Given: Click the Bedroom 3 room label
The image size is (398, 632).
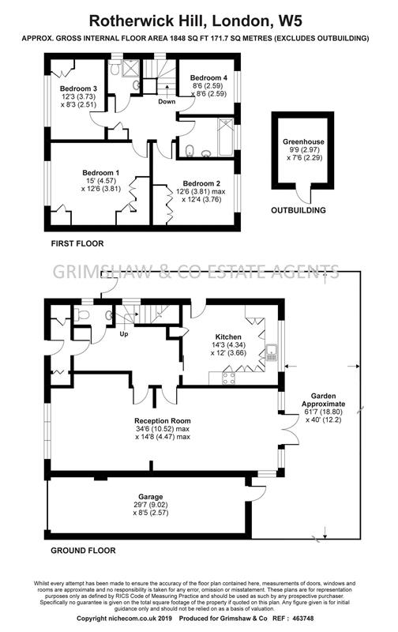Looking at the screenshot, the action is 78,88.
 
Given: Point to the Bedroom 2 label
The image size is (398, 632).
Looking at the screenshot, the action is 201,183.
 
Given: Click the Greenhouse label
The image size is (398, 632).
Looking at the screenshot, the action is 303,142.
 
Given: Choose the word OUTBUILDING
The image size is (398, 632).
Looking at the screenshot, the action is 298,210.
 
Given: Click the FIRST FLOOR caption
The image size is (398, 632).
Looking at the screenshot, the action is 77,243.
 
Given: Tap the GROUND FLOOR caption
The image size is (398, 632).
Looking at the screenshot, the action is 83,551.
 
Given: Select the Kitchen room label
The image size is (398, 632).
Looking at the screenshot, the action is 228,337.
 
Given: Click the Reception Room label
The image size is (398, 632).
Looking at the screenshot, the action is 163,421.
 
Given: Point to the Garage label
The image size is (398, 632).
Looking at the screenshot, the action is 151,497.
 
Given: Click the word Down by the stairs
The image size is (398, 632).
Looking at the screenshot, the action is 167,102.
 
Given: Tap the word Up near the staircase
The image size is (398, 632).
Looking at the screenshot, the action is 124,333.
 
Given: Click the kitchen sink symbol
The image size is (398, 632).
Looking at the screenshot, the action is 272,353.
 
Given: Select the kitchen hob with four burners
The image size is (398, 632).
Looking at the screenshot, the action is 229,378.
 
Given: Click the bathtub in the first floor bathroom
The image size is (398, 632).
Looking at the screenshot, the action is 226,137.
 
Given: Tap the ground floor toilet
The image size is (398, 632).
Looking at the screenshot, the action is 82,314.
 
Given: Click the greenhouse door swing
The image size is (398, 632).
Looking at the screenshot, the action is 304,195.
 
